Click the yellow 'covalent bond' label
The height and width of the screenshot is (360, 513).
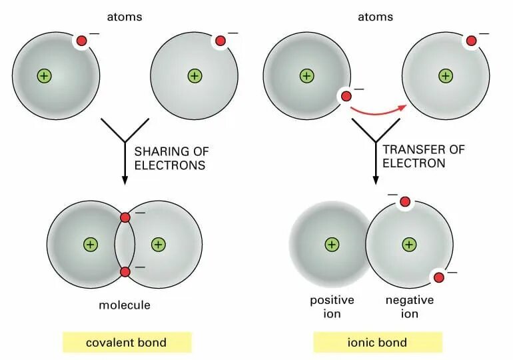[126, 343]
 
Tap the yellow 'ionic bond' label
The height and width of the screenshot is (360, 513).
[378, 343]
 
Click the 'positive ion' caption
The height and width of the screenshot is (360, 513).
[332, 307]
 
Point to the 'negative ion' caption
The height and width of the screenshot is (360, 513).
[410, 307]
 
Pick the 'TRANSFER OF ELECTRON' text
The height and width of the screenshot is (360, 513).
[423, 156]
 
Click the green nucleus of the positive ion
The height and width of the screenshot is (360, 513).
[332, 245]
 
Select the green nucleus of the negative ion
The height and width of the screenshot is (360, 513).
[409, 245]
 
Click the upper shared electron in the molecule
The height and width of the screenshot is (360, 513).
[125, 217]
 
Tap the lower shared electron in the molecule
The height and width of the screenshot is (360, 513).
[125, 271]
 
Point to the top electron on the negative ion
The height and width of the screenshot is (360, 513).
[405, 201]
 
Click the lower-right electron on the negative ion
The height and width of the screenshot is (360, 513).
[439, 277]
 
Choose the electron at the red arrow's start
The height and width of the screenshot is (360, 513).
[346, 96]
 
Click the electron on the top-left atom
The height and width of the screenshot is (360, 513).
[81, 41]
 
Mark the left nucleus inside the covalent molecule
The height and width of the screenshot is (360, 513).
[90, 245]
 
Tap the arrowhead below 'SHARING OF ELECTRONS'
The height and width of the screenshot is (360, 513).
[125, 180]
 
